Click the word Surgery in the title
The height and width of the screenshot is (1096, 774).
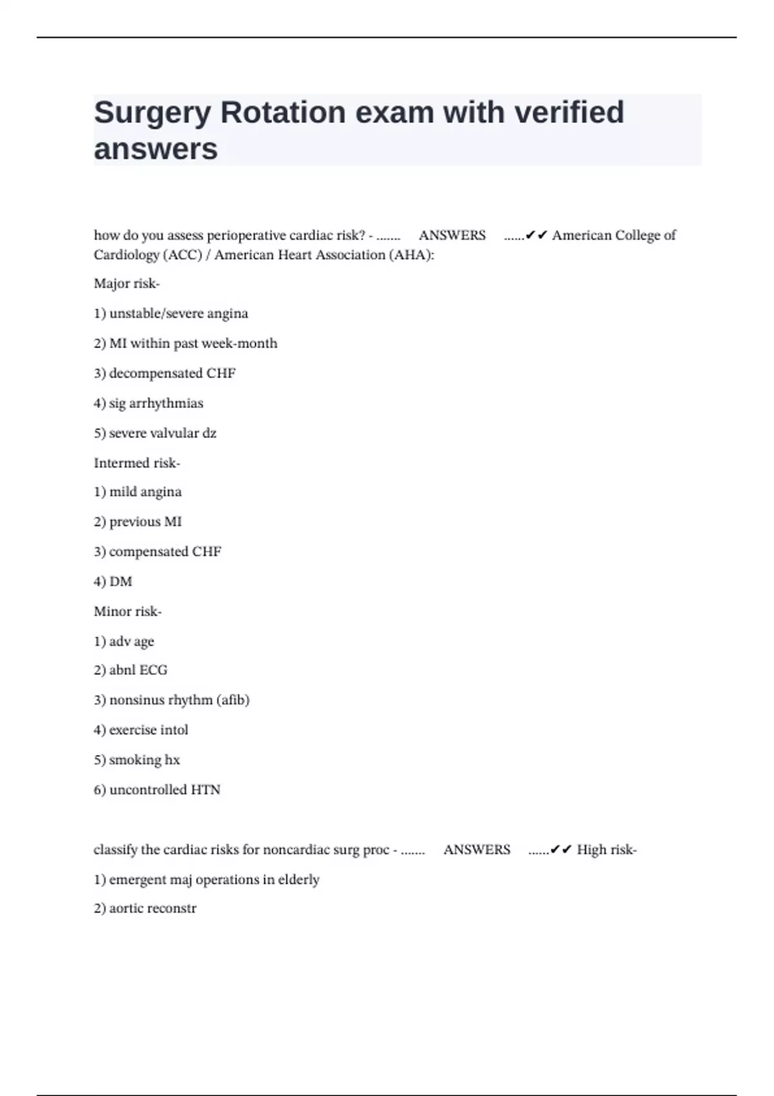tap(152, 113)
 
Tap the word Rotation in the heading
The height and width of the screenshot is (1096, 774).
tap(283, 113)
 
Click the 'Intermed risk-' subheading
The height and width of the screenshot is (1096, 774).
tap(137, 463)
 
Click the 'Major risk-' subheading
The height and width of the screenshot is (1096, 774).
tap(126, 284)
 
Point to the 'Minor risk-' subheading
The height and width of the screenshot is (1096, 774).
tap(128, 611)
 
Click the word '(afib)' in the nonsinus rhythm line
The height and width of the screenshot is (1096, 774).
tap(233, 700)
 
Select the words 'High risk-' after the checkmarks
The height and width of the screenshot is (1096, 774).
tap(606, 850)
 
